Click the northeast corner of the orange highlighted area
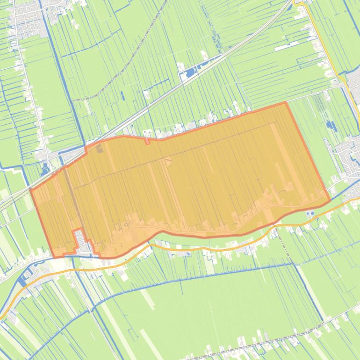(286, 102)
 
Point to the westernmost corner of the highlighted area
(31, 190)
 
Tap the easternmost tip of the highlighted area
(330, 201)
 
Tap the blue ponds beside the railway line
(192, 72)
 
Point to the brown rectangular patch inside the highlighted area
(100, 149)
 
